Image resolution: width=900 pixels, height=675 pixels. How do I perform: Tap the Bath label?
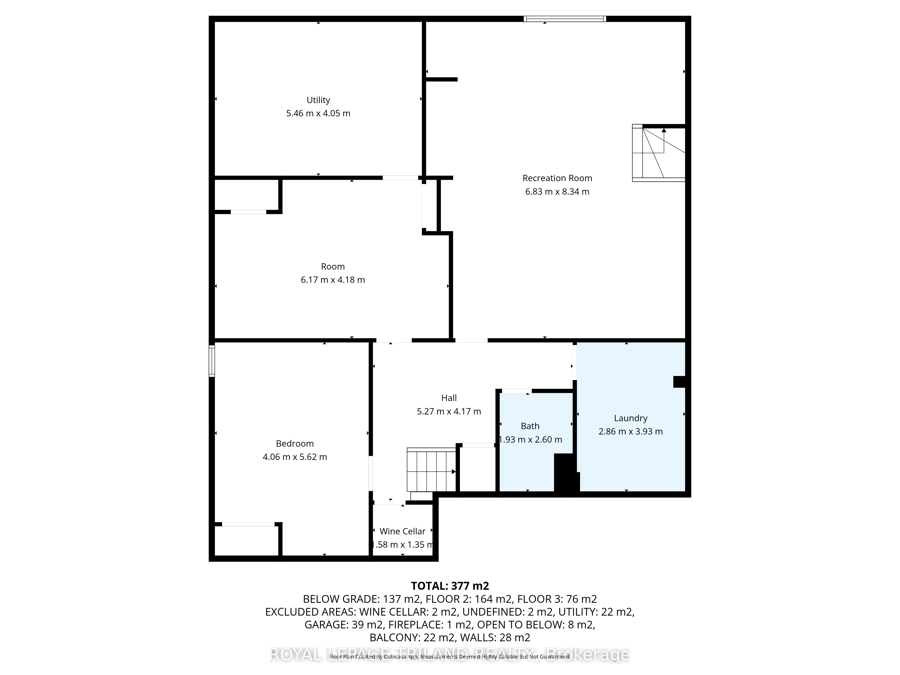click(530, 426)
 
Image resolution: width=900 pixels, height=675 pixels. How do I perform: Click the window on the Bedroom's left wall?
click(211, 360)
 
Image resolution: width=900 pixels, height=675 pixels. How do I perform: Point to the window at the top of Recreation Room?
click(565, 19)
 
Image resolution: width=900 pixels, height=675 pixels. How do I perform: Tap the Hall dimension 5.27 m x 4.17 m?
click(449, 411)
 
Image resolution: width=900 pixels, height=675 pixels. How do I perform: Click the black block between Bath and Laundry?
click(566, 474)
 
